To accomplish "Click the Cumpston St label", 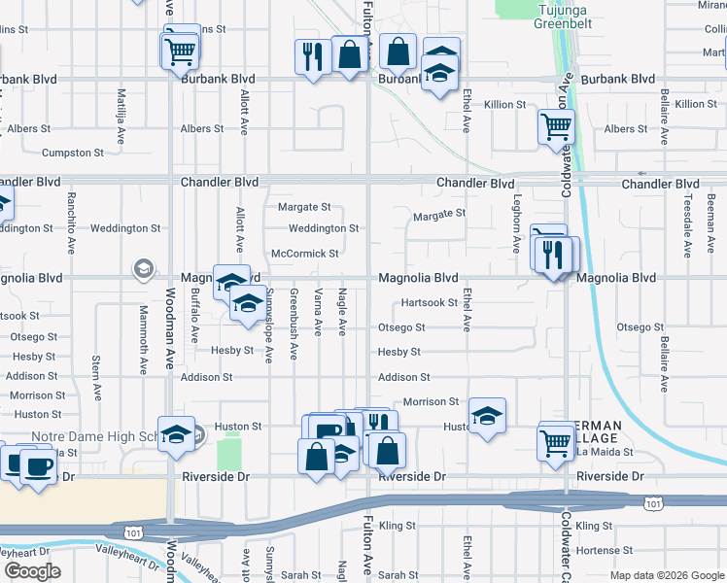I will [73, 154].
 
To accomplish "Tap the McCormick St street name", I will [305, 254].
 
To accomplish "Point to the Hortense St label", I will [605, 550].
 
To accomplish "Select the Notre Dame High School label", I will [92, 437].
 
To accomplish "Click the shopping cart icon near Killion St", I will [555, 124].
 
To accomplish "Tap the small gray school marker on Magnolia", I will [144, 268].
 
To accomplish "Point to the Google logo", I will [32, 571].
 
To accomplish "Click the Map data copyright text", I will [666, 575].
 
